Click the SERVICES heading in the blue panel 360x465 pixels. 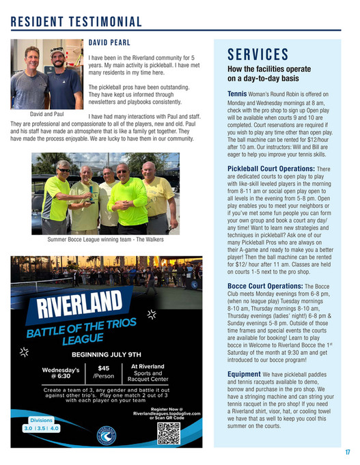258,55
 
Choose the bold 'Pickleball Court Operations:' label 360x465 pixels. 271,167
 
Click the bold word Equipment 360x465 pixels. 243,374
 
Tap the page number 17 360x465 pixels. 347,452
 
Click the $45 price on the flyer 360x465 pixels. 103,369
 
